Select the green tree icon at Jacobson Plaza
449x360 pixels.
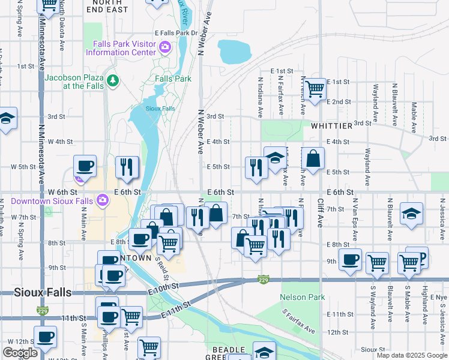(112, 80)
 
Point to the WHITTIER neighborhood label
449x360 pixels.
(331, 127)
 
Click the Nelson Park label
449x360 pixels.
(303, 297)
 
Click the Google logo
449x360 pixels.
(20, 353)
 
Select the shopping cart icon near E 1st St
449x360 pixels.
(315, 89)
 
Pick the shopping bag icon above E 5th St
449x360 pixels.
(313, 158)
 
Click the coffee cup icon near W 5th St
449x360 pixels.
(85, 166)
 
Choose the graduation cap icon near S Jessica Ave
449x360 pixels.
(411, 214)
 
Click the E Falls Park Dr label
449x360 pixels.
(176, 33)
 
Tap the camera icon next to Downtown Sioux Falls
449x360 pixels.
(103, 199)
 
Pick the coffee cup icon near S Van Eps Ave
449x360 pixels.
(351, 259)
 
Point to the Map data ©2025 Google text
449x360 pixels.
(411, 355)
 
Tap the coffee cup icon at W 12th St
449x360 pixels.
(45, 336)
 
